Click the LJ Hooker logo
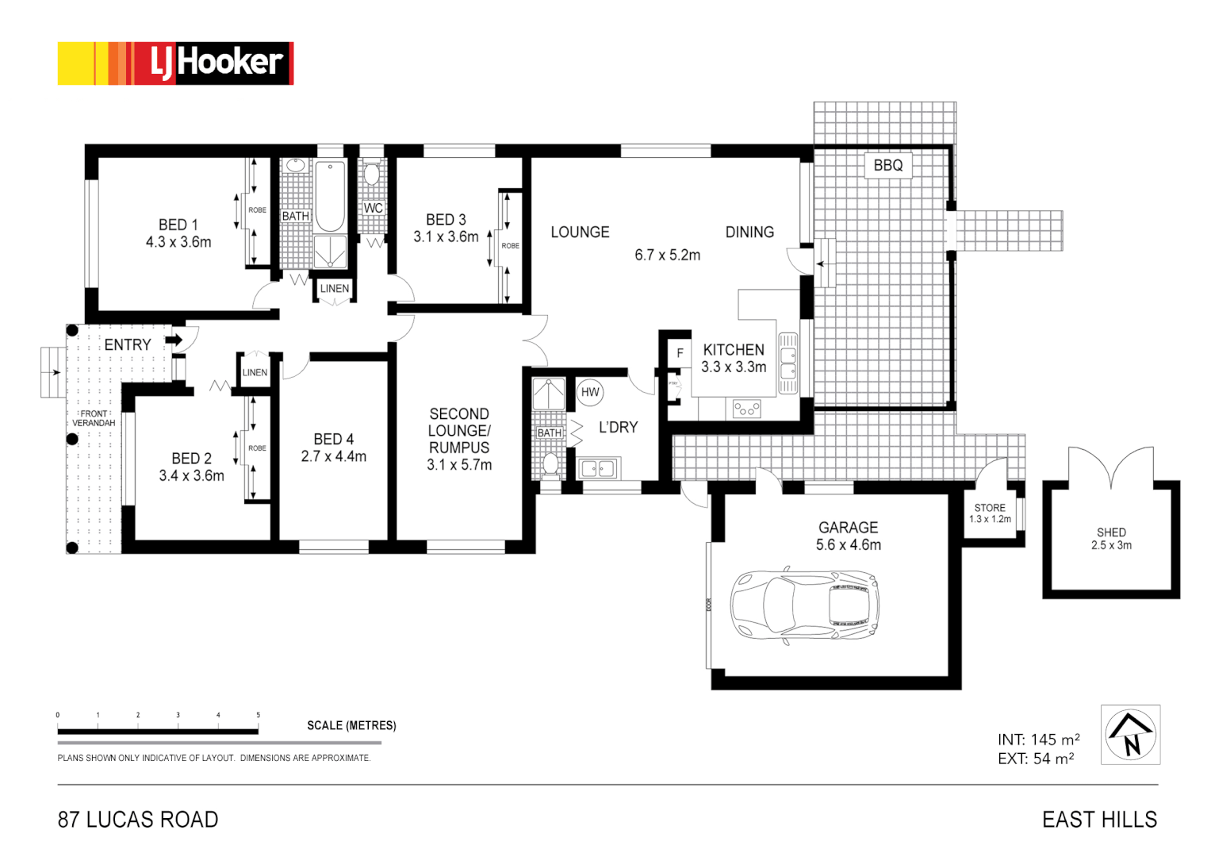(x=175, y=63)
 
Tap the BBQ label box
(x=887, y=165)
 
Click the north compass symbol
(x=1130, y=735)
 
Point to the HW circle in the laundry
(x=590, y=392)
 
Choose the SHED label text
(x=1111, y=532)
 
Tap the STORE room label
(x=990, y=508)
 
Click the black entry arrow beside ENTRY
(x=174, y=340)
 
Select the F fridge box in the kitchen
(x=680, y=353)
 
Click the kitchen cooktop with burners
(x=746, y=409)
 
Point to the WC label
(x=373, y=208)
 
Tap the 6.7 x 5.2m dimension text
(x=667, y=255)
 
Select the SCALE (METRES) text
(x=351, y=725)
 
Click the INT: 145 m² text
(x=1038, y=740)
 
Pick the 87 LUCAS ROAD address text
(x=138, y=820)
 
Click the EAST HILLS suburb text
(x=1099, y=820)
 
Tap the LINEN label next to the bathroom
(x=334, y=289)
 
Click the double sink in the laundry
(x=598, y=469)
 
